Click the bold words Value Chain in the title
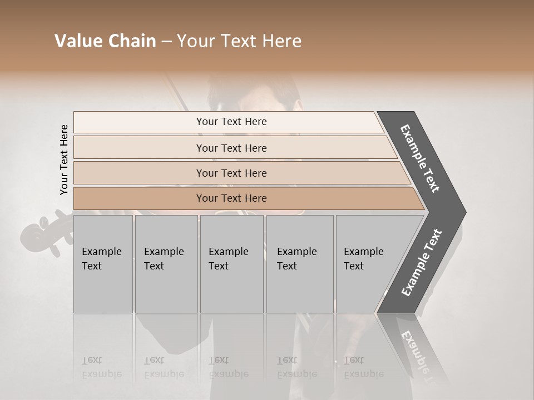pyautogui.click(x=105, y=41)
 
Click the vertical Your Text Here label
pyautogui.click(x=64, y=159)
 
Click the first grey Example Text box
pyautogui.click(x=103, y=264)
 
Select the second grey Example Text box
pyautogui.click(x=166, y=264)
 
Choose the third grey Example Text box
pyautogui.click(x=231, y=264)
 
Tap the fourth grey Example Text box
pyautogui.click(x=300, y=264)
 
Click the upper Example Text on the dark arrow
pyautogui.click(x=420, y=158)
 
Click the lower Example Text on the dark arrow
pyautogui.click(x=422, y=262)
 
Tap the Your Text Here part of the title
pyautogui.click(x=239, y=41)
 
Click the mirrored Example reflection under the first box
pyautogui.click(x=102, y=373)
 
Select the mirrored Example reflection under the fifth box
pyautogui.click(x=364, y=373)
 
